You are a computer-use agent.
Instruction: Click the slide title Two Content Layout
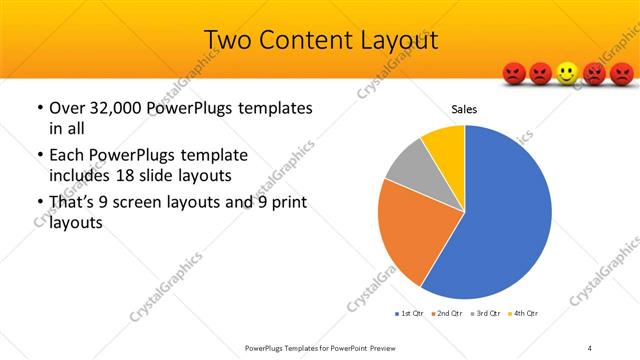click(x=320, y=39)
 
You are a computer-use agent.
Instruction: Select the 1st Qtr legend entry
click(x=410, y=314)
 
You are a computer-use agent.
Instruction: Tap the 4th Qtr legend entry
click(x=526, y=314)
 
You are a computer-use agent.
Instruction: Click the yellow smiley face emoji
click(x=567, y=73)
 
